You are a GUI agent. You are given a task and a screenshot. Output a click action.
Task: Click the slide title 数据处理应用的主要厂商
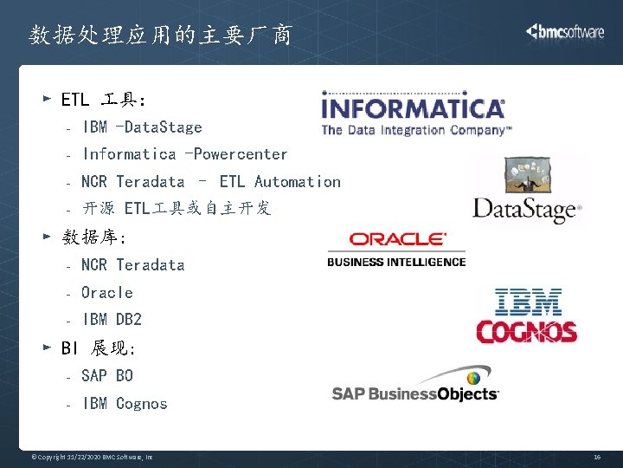click(160, 36)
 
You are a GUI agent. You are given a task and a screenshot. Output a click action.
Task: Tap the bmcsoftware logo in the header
click(565, 32)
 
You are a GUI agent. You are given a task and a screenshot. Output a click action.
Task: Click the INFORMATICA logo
click(413, 109)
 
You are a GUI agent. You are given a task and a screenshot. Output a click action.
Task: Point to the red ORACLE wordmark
click(397, 239)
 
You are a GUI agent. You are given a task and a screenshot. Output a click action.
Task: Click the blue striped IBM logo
click(528, 302)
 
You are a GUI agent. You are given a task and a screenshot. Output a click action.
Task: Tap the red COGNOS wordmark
click(527, 332)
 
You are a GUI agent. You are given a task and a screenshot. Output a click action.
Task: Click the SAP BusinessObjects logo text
click(415, 393)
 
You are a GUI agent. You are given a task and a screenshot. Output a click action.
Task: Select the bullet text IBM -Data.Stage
click(142, 127)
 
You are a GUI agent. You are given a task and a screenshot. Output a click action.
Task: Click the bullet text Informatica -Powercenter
click(184, 154)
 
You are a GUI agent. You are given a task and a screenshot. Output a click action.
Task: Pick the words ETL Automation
click(280, 182)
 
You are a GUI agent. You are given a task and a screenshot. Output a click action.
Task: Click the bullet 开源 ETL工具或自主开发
click(177, 209)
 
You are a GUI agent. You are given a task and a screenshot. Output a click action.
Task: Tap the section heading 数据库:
click(94, 237)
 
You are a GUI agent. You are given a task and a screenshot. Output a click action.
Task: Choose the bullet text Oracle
click(107, 293)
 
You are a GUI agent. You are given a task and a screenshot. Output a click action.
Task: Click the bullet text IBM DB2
click(112, 320)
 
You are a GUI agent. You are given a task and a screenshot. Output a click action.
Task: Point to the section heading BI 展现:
click(98, 348)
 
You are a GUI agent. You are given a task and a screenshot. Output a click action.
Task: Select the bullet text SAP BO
click(107, 376)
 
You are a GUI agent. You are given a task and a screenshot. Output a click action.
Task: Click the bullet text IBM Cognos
click(125, 404)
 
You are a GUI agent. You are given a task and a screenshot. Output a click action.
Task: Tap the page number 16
click(597, 456)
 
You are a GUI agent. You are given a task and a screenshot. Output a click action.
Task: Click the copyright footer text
click(92, 456)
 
